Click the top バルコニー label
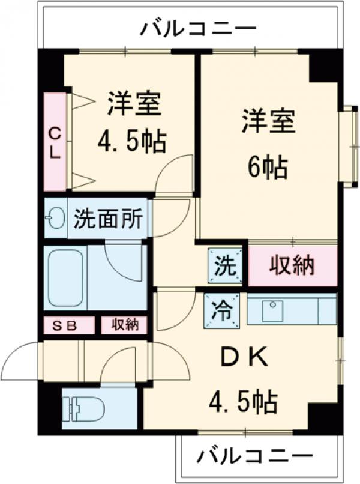198,28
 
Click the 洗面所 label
107,219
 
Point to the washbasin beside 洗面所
56,219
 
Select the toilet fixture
84,408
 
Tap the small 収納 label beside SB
124,325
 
